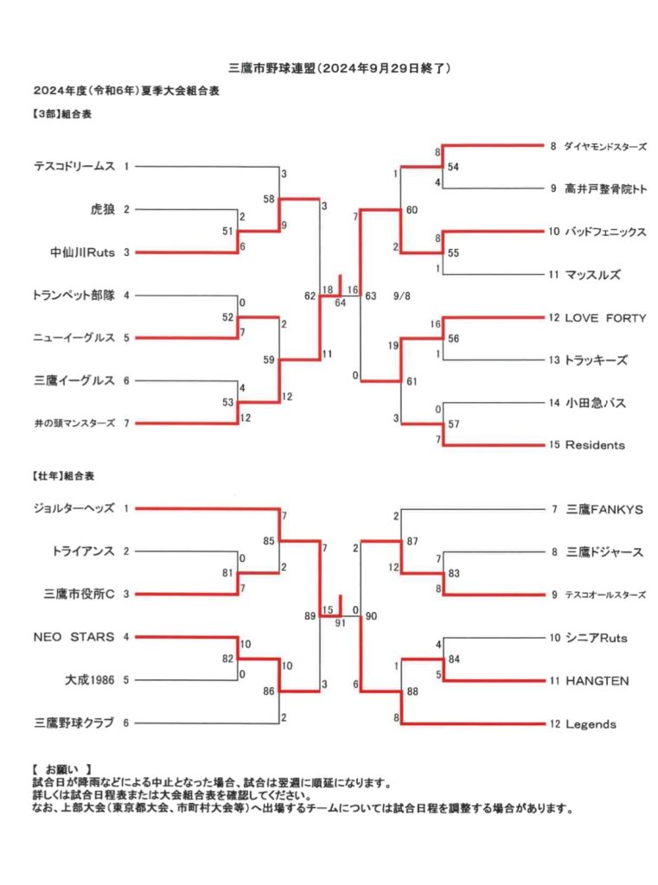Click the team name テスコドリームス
[74, 166]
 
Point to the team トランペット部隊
[74, 295]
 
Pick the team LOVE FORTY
[605, 317]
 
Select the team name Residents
[595, 445]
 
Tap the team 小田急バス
[596, 403]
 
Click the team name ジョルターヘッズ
[74, 508]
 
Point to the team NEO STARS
[74, 637]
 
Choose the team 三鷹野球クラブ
[74, 723]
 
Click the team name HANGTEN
[597, 681]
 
